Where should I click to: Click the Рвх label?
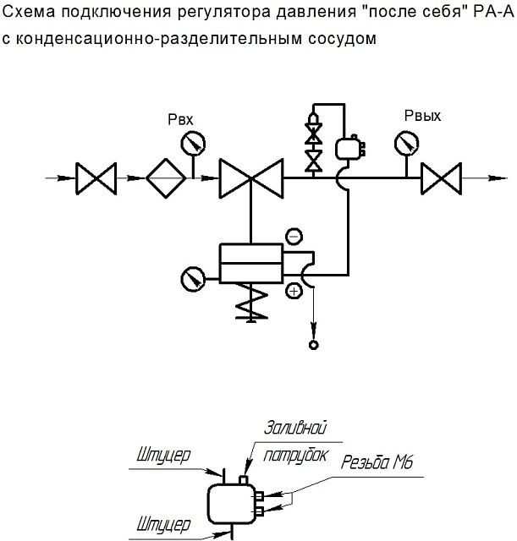[x=180, y=119]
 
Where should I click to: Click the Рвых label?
[x=422, y=116]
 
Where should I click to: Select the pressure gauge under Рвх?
[x=193, y=143]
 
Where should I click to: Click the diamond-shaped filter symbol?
[x=166, y=178]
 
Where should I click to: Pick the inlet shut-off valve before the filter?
[x=96, y=178]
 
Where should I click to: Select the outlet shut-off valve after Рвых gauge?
[x=441, y=178]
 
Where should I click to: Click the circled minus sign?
[x=294, y=237]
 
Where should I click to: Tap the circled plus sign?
[x=294, y=292]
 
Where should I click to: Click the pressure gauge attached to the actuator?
[x=193, y=279]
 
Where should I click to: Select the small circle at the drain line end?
[x=314, y=345]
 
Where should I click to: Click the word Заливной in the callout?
[x=295, y=428]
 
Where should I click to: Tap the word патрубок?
[x=295, y=456]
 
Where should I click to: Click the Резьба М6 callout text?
[x=377, y=462]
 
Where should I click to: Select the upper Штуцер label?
[x=163, y=456]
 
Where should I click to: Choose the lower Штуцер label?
[x=163, y=524]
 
